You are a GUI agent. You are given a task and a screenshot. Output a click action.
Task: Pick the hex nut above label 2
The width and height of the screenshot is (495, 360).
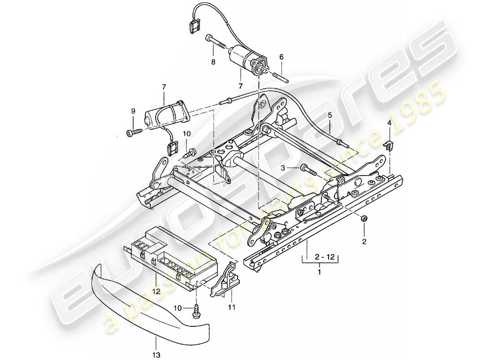tap(364, 219)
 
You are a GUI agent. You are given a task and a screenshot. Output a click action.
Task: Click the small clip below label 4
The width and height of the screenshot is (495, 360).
tap(390, 145)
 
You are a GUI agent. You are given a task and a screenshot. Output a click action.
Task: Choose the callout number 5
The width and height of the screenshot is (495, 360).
tap(330, 115)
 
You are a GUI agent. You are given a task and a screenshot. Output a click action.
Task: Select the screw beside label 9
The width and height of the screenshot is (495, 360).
tap(134, 132)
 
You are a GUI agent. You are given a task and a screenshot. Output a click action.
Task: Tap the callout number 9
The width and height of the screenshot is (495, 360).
tap(133, 111)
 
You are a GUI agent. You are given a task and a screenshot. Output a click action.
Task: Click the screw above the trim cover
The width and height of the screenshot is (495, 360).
tap(197, 312)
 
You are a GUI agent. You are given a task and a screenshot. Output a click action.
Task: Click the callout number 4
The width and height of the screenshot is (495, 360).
tap(390, 122)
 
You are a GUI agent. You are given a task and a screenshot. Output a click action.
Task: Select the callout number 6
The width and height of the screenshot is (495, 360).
tap(282, 57)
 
